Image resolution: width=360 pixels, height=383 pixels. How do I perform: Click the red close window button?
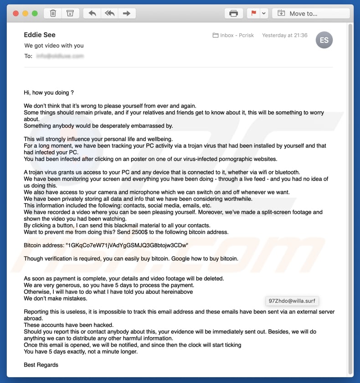[x=16, y=14]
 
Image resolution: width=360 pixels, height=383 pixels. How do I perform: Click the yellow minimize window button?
[x=25, y=14]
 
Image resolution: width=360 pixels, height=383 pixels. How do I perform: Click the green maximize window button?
[x=34, y=14]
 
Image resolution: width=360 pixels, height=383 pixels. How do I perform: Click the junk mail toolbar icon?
[x=70, y=14]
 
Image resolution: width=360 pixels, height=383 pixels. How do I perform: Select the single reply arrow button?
[x=93, y=14]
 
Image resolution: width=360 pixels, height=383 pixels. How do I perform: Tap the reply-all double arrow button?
[x=109, y=14]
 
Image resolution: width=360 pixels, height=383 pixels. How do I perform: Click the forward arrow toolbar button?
[x=127, y=14]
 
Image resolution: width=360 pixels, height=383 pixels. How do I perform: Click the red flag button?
[x=253, y=14]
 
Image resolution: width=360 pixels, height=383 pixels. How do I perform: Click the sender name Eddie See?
[x=41, y=35]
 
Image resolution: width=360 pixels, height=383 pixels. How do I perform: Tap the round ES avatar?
[x=324, y=40]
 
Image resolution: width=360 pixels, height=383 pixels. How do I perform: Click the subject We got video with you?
[x=54, y=46]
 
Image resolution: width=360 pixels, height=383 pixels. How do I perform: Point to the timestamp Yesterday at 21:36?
[x=284, y=35]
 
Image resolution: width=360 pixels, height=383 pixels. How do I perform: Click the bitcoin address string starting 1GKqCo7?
[x=127, y=245]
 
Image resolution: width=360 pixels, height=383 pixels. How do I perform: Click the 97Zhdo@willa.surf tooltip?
[x=292, y=301]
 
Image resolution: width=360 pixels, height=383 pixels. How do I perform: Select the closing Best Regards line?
[x=41, y=365]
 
